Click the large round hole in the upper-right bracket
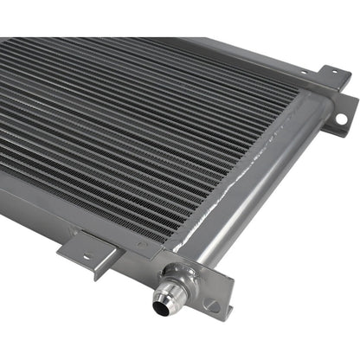[x=340, y=118]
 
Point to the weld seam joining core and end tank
[x=260, y=173]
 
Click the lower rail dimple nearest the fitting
[x=143, y=245]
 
